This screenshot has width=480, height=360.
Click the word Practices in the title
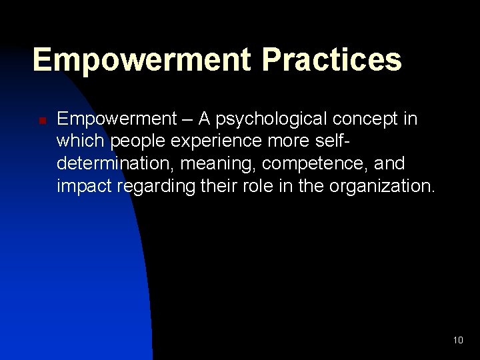tap(331, 59)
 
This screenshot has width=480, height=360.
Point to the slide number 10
tap(457, 340)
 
